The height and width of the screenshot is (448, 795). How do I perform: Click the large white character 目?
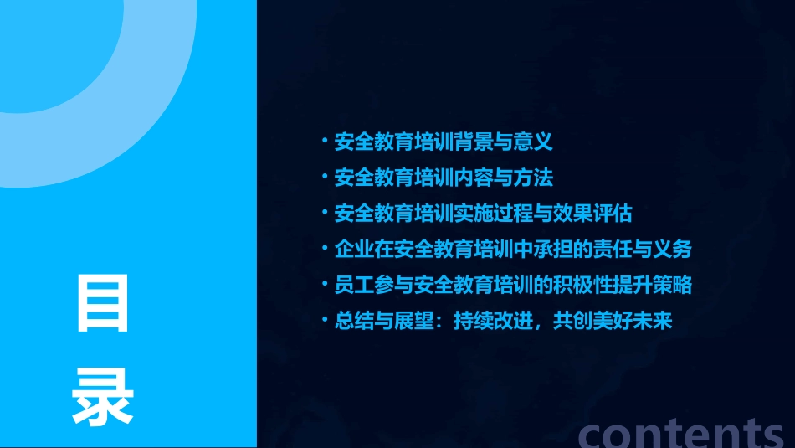103,302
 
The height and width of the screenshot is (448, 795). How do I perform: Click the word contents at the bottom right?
681,433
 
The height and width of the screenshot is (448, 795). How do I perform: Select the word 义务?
672,250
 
